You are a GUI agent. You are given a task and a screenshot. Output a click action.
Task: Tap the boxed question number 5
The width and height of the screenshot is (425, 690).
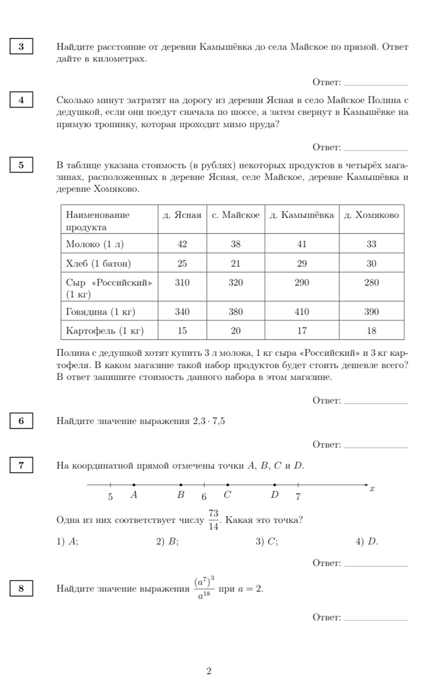(x=21, y=166)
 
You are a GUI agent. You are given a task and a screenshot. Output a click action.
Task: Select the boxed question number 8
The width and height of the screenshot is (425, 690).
(x=21, y=588)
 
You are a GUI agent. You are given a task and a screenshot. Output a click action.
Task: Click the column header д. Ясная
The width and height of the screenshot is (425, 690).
(x=182, y=215)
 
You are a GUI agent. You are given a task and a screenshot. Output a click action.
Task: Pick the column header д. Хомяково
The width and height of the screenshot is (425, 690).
(x=371, y=215)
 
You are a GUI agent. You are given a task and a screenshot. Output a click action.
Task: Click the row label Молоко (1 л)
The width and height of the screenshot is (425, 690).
(x=95, y=244)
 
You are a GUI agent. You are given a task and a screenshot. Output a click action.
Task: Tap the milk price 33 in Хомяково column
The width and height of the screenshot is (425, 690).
(x=371, y=244)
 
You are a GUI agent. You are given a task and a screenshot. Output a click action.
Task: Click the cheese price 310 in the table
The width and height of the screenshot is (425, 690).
(x=182, y=282)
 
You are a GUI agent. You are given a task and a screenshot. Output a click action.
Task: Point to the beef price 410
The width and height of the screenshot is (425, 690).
(x=301, y=312)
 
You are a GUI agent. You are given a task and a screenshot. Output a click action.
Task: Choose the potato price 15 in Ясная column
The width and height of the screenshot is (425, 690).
(x=182, y=331)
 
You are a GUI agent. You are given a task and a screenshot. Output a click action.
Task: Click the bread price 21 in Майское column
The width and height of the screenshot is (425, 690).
(x=236, y=263)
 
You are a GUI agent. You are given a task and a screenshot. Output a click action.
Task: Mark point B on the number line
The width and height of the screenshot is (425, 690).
(x=181, y=485)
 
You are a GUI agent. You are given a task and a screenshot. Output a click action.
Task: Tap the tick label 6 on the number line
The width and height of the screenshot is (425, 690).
(x=204, y=496)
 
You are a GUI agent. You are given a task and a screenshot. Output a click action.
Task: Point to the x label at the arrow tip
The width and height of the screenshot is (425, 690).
(x=372, y=489)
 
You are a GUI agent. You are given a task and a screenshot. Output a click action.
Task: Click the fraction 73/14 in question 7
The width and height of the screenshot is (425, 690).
(x=213, y=520)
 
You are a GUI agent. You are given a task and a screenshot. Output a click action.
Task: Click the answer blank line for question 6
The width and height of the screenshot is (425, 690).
(x=375, y=448)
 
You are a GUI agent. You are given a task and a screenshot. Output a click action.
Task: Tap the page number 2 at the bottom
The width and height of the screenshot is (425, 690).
(x=209, y=670)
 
